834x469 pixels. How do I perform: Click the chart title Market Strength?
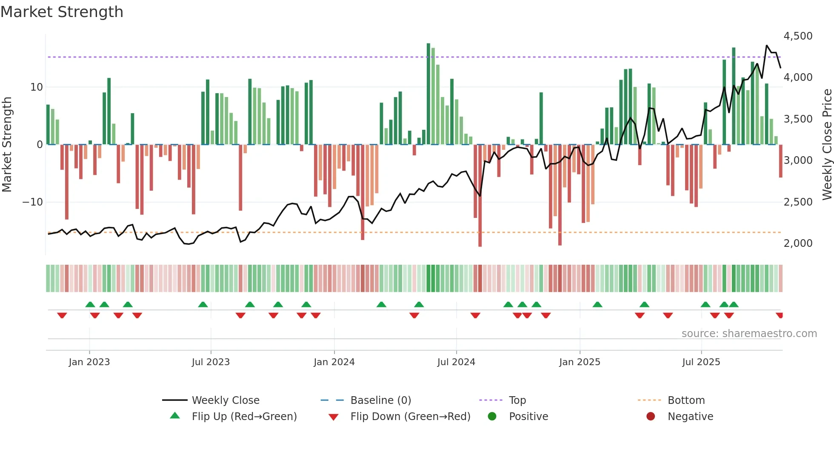(62, 12)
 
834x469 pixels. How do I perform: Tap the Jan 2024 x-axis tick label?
(334, 362)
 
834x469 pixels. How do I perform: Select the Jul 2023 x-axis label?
(211, 362)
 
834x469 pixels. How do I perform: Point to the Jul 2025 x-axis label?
(701, 362)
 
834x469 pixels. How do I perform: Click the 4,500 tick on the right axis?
(798, 36)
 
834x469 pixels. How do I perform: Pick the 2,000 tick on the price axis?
(798, 243)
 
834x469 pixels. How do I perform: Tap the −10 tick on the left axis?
(33, 202)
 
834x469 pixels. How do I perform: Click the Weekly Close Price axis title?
(827, 144)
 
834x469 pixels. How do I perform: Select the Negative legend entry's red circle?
(651, 416)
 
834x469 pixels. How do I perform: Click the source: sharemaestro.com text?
(749, 334)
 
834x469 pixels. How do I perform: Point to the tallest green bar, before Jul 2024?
(428, 94)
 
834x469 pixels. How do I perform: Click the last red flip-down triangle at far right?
(780, 315)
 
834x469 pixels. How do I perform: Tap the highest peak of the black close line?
(767, 46)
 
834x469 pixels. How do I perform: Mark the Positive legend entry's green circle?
(492, 416)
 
